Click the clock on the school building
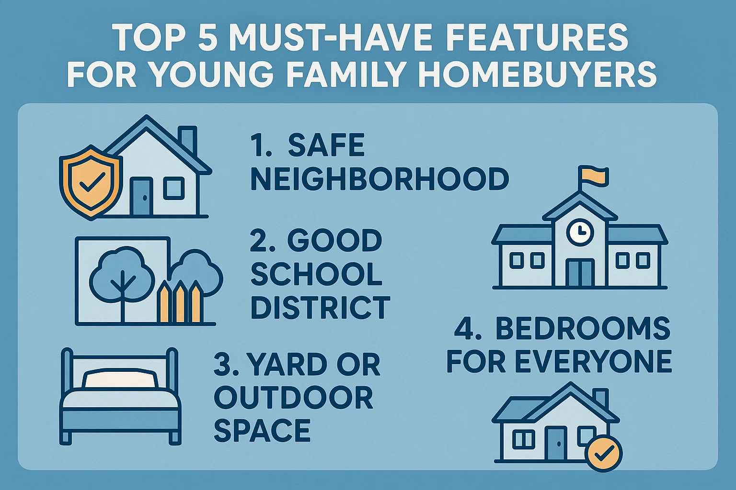tap(580, 232)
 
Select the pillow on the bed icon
tap(120, 379)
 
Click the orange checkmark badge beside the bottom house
tap(605, 453)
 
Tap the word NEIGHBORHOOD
tap(379, 179)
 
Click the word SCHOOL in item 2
tap(316, 274)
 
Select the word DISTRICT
tap(320, 307)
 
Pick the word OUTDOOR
tap(293, 398)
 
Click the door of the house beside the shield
tap(142, 197)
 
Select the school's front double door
tap(580, 273)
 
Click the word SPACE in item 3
tap(262, 430)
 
